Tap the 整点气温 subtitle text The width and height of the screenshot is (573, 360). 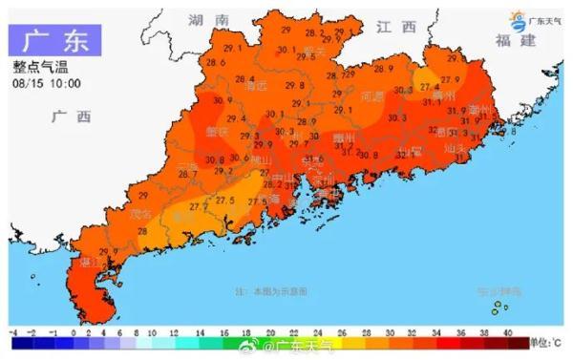pyautogui.click(x=39, y=67)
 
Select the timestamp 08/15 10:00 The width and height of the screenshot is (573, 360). pyautogui.click(x=46, y=83)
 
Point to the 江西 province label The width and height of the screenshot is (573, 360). pyautogui.click(x=396, y=26)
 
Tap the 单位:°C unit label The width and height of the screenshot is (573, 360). pyautogui.click(x=546, y=341)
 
